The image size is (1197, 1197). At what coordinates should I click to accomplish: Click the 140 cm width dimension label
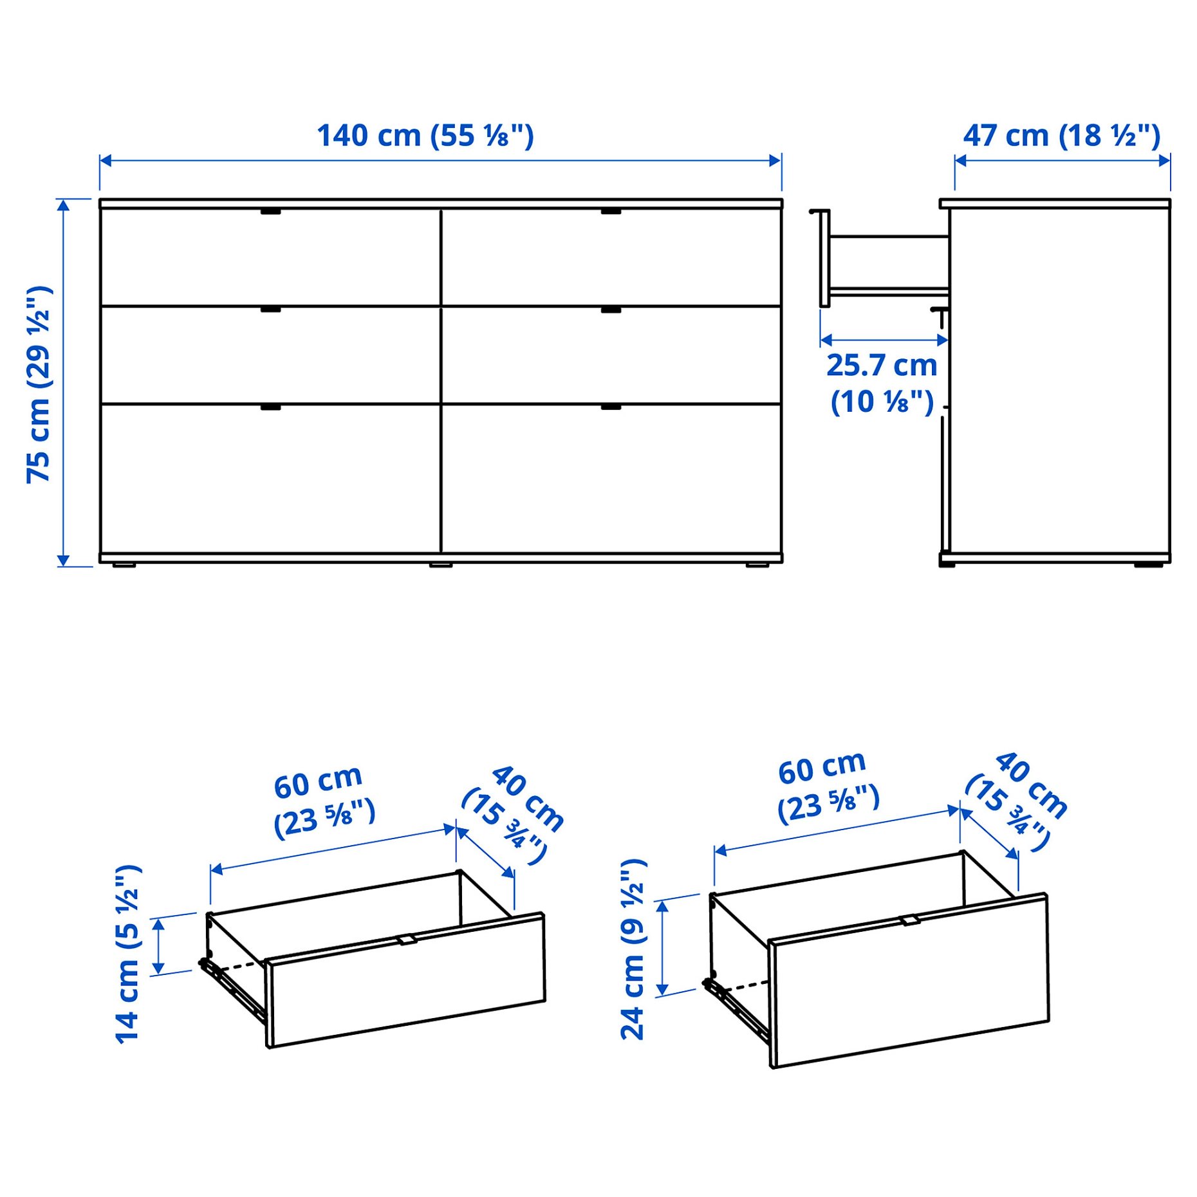tap(425, 136)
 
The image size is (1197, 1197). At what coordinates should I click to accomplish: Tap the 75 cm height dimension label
tap(39, 384)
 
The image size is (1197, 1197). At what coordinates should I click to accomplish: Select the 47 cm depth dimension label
tap(1061, 136)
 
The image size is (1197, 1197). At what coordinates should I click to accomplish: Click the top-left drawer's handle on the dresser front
tap(271, 211)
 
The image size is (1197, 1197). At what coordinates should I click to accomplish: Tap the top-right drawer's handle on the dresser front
tap(611, 211)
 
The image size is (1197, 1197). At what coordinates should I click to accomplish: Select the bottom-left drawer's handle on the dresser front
tap(271, 407)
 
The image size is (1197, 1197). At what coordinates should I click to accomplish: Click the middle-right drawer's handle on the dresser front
tap(611, 310)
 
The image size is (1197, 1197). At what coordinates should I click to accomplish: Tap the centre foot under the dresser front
tap(441, 565)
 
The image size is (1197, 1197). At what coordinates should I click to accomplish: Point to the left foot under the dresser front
tap(124, 565)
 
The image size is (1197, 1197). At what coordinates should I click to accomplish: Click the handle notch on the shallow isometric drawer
tap(407, 940)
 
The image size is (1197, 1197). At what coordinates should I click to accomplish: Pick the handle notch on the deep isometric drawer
tap(909, 920)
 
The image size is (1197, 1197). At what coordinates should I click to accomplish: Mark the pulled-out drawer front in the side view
tap(824, 257)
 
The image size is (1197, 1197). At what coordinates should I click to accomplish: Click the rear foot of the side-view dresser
tap(1149, 565)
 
